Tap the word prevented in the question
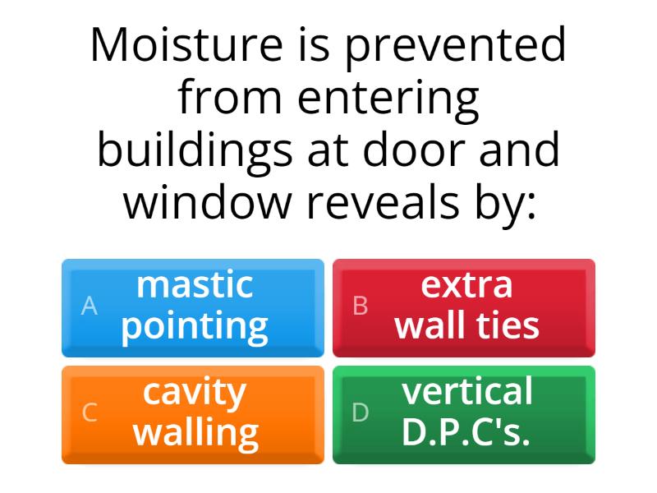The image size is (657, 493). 456,47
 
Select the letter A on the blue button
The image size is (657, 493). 90,306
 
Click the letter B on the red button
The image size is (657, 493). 361,306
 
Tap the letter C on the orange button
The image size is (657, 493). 90,413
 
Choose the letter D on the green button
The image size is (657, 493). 361,413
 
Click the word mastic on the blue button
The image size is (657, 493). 195,285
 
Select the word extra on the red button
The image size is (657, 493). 466,285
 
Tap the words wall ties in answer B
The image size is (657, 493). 466,325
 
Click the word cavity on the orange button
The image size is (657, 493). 195,393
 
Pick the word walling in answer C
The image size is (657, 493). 195,432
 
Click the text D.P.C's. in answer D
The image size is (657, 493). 466,432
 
